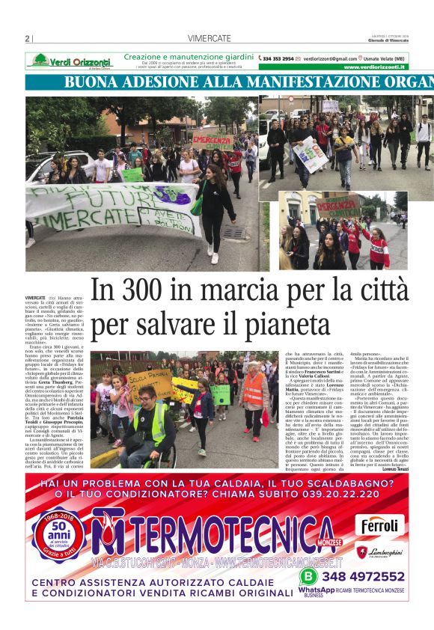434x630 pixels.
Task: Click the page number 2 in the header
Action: pos(27,39)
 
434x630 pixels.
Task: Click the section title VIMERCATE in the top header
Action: pos(209,39)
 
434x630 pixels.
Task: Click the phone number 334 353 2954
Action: pos(278,58)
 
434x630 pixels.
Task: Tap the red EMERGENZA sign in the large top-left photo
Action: pos(212,139)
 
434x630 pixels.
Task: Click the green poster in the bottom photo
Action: pos(221,394)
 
